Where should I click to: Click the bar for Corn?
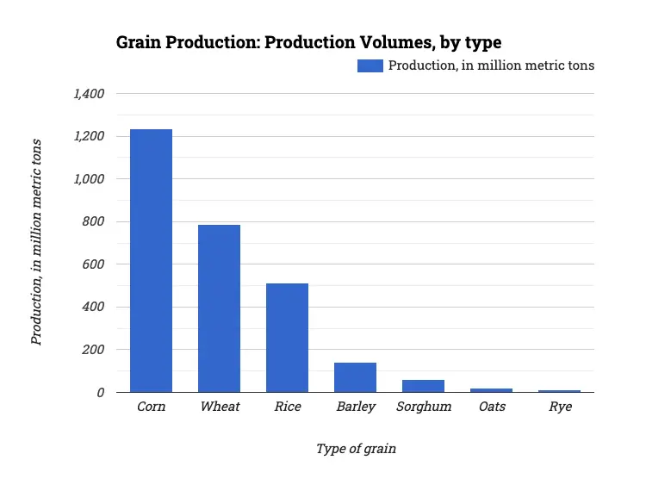coord(151,260)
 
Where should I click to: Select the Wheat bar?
coord(219,308)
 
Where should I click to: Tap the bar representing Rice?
coord(287,338)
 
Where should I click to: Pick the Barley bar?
coord(355,377)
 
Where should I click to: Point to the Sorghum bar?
coord(423,386)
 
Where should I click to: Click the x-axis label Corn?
coord(151,407)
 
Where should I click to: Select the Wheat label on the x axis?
coord(219,407)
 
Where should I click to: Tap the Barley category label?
coord(355,407)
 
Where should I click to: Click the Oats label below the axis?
coord(492,407)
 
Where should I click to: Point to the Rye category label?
coord(560,407)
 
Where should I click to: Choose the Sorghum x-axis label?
coord(423,407)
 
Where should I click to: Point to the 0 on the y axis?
coord(101,393)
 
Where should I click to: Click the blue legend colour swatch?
coord(370,65)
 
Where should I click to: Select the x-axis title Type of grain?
coord(356,449)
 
